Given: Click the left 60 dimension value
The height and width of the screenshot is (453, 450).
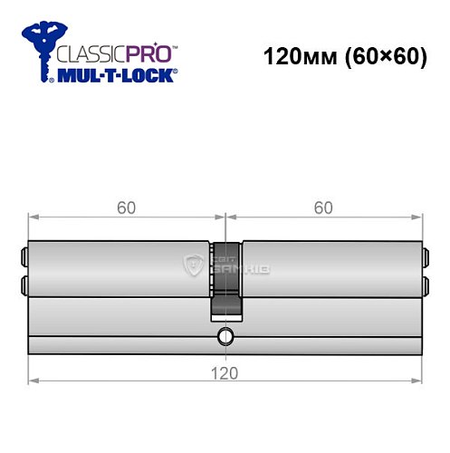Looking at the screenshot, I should point(127,207).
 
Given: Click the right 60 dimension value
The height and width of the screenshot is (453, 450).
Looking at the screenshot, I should point(323,207).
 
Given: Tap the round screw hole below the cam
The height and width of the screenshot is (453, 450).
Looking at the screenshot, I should point(225,340).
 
